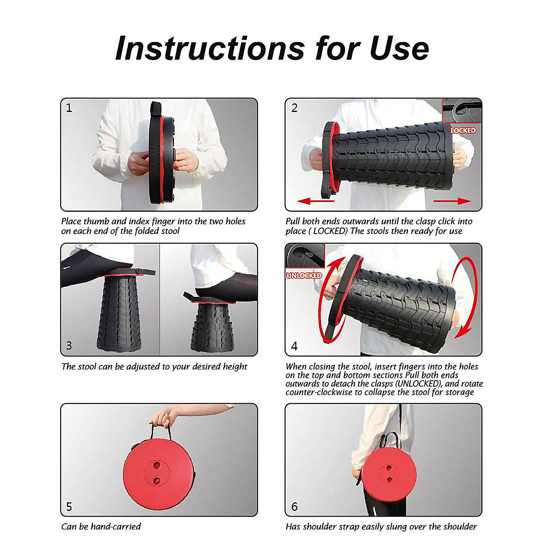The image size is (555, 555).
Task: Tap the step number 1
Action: coord(69,108)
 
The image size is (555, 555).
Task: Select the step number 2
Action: coord(294,108)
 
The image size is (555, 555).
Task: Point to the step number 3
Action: coord(69,345)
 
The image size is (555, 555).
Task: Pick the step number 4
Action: coord(294,346)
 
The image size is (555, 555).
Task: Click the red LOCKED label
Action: coord(463,130)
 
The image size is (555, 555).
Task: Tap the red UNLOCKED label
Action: coord(304,276)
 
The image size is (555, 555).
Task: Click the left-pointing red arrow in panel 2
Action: coord(316,201)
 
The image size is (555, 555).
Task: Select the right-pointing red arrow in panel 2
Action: coord(452,201)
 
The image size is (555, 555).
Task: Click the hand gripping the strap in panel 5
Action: coord(163,416)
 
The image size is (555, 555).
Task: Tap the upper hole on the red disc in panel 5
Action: coord(157,465)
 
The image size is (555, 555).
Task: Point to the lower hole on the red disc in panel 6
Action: coord(390,480)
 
